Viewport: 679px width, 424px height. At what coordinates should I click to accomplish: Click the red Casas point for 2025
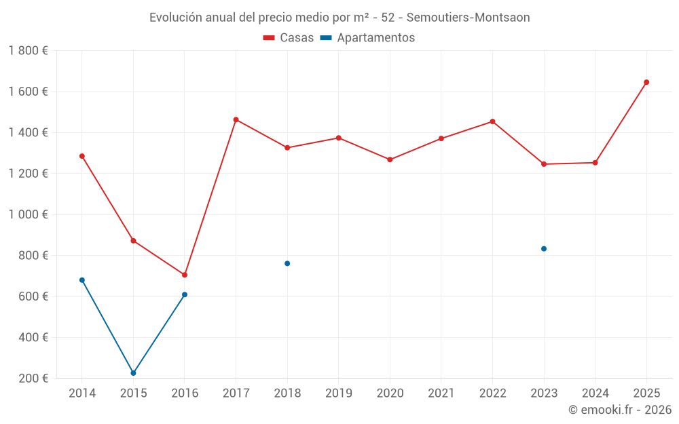point(646,82)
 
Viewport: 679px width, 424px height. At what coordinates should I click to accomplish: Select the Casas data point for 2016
point(185,275)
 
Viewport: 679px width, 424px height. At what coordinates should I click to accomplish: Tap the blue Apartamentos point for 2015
point(133,373)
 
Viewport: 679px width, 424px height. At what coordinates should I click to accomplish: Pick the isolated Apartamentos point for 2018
point(287,263)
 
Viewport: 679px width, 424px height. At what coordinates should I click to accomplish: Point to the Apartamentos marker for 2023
point(544,248)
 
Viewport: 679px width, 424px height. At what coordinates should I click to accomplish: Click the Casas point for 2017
point(236,119)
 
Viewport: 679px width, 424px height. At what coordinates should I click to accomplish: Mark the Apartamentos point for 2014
point(82,280)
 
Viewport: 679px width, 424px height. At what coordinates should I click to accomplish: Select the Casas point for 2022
point(492,121)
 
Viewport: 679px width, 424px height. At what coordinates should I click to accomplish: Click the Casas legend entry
point(289,38)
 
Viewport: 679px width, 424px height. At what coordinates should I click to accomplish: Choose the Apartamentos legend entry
point(367,38)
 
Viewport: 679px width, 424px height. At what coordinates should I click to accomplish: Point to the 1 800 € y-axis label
point(28,51)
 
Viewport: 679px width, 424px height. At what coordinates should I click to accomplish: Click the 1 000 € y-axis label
point(28,214)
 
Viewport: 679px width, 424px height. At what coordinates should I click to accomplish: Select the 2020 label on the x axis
point(390,393)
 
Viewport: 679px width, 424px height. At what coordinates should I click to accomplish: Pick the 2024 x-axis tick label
point(595,393)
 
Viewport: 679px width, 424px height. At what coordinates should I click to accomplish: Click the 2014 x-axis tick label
point(82,393)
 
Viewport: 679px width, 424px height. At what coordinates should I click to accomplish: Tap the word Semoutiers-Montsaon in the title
point(468,18)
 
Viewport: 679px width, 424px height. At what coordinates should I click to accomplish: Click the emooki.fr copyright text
point(619,410)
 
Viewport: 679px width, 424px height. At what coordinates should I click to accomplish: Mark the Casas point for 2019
point(338,138)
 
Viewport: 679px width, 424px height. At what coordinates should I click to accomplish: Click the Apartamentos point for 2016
point(185,294)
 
